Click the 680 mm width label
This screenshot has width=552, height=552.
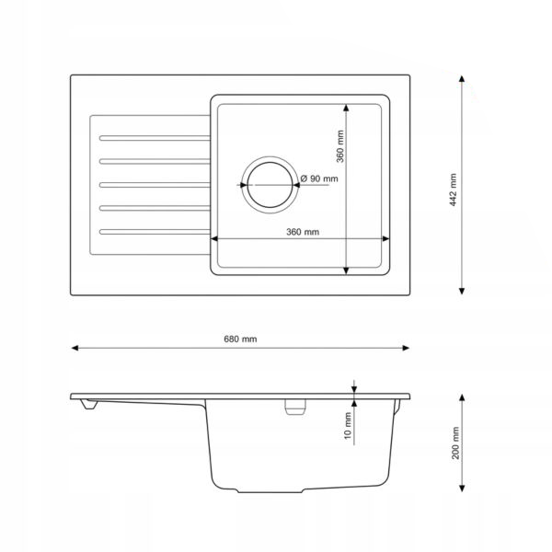coord(240,339)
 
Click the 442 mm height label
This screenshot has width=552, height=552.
coord(454,190)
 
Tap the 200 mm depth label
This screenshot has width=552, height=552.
coord(455,443)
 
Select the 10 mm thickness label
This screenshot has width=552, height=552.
coord(348,426)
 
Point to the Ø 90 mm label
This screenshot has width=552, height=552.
coord(319,178)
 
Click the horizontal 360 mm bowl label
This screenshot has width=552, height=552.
coord(303,232)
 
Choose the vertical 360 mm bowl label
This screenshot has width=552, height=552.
coord(340,146)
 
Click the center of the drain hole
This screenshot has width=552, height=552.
coord(270,185)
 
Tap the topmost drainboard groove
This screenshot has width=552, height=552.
coord(155,138)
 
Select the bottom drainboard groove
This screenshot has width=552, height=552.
coord(155,232)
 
